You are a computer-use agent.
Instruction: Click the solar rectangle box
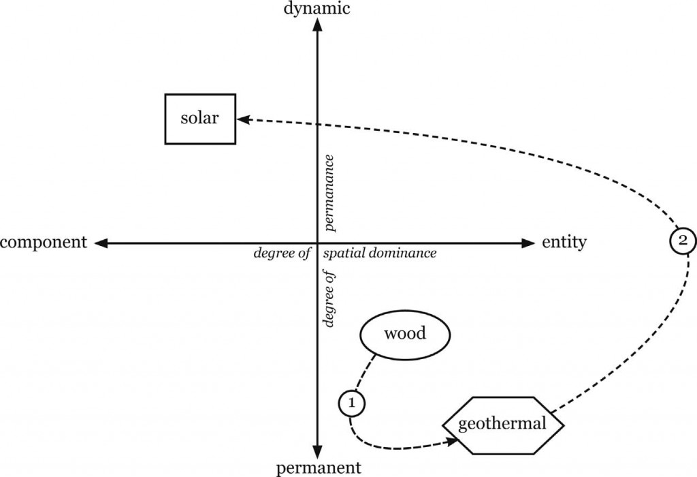coord(201,119)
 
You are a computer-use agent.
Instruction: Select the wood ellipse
coord(405,334)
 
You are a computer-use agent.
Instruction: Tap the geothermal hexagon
coord(504,424)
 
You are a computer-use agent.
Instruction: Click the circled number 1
coord(351,403)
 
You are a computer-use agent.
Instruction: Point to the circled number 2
coord(682,240)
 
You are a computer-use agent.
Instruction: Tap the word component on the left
coord(44,243)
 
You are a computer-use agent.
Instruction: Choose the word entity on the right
coord(564,243)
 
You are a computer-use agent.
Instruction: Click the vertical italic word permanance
coord(329,191)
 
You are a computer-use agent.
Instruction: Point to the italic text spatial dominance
coord(379,253)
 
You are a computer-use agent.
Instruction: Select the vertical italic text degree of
coord(331,298)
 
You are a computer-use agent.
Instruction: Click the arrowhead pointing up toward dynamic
coord(318,25)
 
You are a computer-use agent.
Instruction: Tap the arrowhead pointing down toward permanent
coord(318,452)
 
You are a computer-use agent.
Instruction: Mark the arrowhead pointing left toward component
coord(101,243)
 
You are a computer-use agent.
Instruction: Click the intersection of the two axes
coord(318,243)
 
